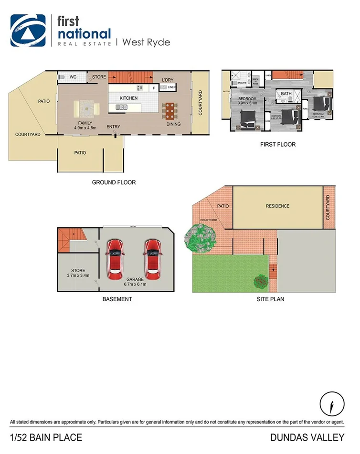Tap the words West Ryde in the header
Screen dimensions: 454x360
tap(146, 42)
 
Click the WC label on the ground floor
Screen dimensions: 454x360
tap(73, 76)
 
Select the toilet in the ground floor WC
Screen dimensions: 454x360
tap(61, 76)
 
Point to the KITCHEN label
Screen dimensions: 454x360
tap(128, 98)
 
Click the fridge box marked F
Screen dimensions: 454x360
tap(154, 88)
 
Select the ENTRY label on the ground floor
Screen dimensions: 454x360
tap(114, 127)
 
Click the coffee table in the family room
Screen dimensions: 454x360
tap(86, 109)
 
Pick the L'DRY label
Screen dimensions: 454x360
tap(168, 79)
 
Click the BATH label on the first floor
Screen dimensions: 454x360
tap(286, 94)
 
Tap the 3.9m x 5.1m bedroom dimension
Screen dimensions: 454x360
tap(247, 103)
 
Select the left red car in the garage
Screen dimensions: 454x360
tap(115, 259)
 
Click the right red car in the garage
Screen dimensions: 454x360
tap(152, 259)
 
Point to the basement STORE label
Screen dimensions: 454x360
tap(78, 270)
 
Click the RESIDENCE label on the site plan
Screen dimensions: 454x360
tap(277, 206)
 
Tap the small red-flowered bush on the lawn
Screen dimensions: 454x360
tap(260, 281)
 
